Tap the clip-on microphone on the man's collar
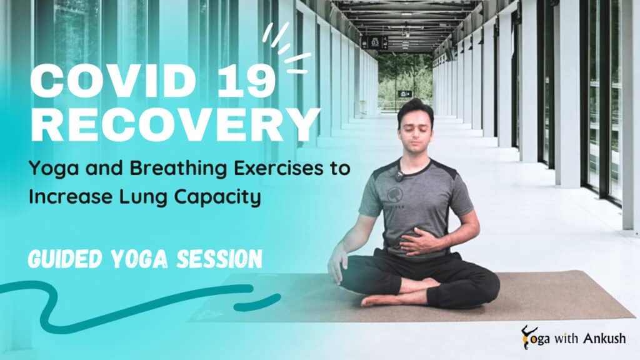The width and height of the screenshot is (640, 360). [398, 176]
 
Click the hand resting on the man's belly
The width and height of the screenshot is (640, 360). [422, 241]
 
